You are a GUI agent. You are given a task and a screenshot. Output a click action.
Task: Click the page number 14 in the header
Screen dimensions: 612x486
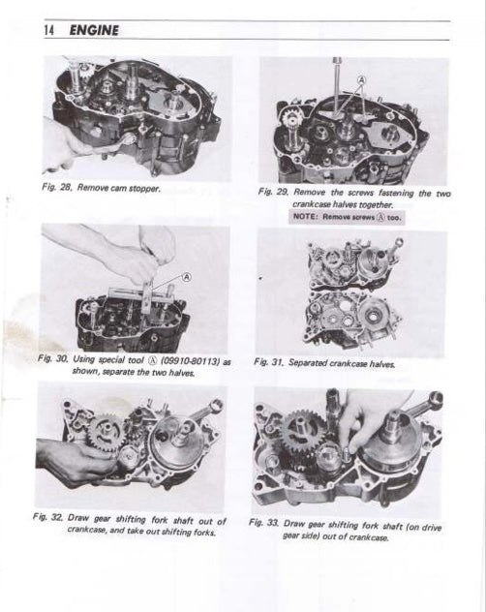click(x=49, y=30)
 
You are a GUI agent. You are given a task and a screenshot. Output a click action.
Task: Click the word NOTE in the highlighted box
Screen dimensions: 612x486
click(x=308, y=218)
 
